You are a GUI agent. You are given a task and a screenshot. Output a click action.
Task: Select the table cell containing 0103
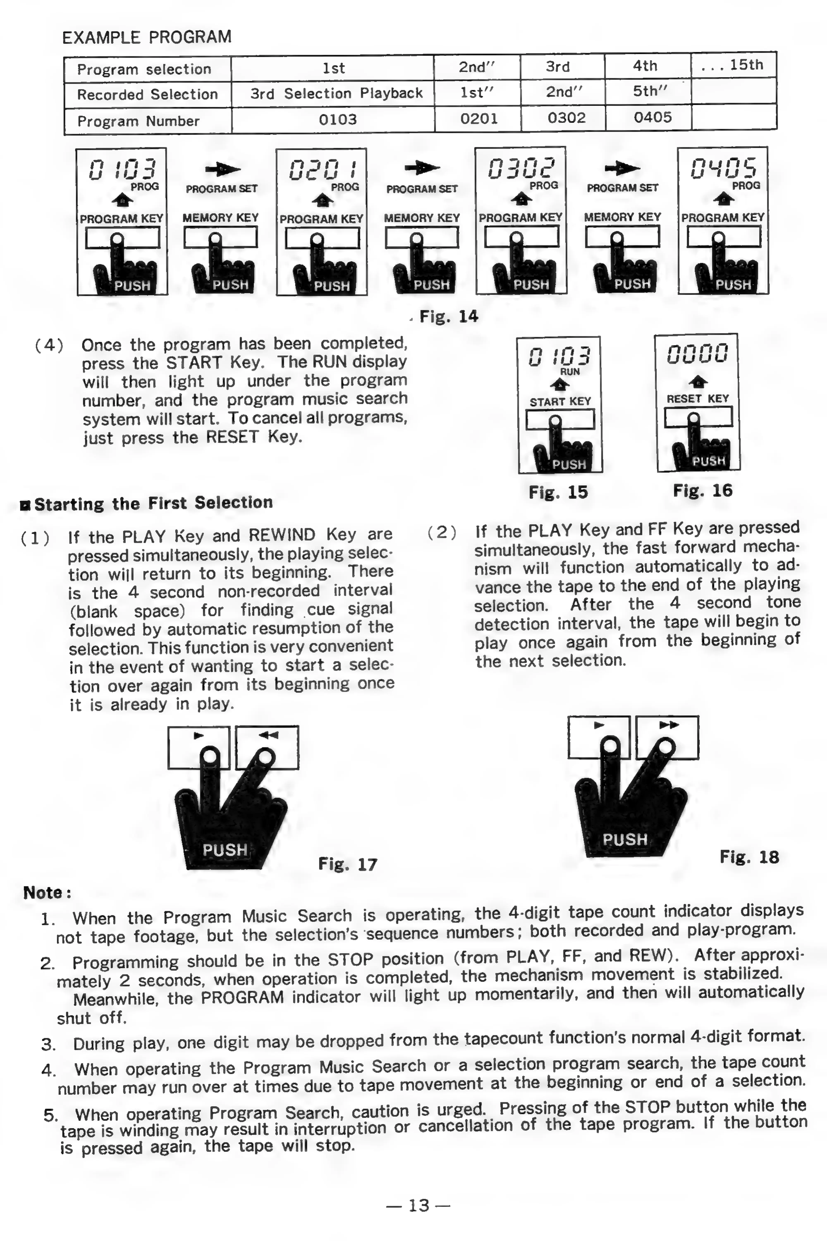coord(338,119)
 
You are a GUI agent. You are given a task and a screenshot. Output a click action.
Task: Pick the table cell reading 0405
coord(653,117)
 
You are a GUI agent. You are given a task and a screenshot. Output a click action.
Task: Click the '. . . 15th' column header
coord(733,65)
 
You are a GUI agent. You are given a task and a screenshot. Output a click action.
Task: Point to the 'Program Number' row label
coord(138,121)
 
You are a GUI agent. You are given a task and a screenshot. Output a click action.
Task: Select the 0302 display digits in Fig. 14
coord(521,168)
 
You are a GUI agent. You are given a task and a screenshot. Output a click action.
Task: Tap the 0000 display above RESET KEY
coord(697,353)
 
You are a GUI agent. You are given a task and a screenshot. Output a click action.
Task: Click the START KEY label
coord(560,401)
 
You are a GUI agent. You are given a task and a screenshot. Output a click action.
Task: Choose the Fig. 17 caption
coord(348,864)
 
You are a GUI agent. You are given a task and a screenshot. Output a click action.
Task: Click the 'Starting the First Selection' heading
coord(153,503)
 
